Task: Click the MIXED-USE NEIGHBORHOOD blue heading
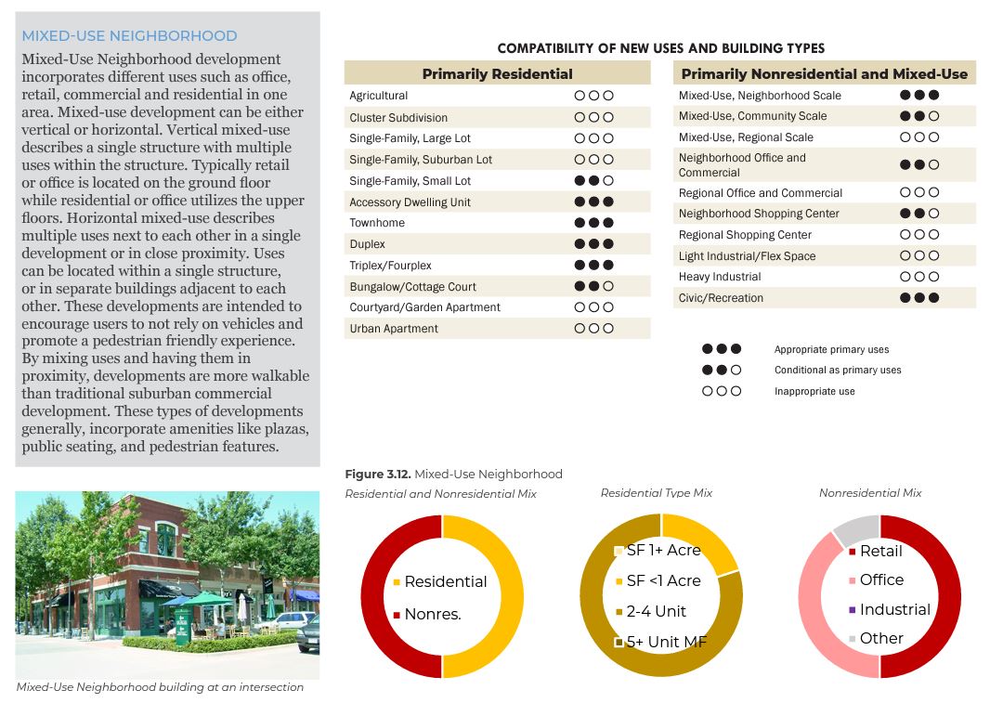[x=129, y=36]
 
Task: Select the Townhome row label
[x=376, y=223]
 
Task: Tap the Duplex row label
[x=368, y=244]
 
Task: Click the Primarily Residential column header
[x=497, y=73]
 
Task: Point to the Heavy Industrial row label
[x=720, y=277]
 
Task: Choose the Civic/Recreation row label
[x=721, y=298]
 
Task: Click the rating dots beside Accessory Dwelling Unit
[x=593, y=202]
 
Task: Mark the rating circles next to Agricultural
[x=593, y=96]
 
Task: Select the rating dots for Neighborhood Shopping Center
[x=918, y=214]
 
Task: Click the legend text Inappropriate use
[x=814, y=391]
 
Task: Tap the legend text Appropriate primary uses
[x=831, y=350]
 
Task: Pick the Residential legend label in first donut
[x=446, y=581]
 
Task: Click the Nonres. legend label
[x=433, y=614]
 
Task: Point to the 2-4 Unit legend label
[x=657, y=611]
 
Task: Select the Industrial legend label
[x=894, y=609]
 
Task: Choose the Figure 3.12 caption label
[x=453, y=475]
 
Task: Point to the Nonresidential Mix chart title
[x=870, y=493]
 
